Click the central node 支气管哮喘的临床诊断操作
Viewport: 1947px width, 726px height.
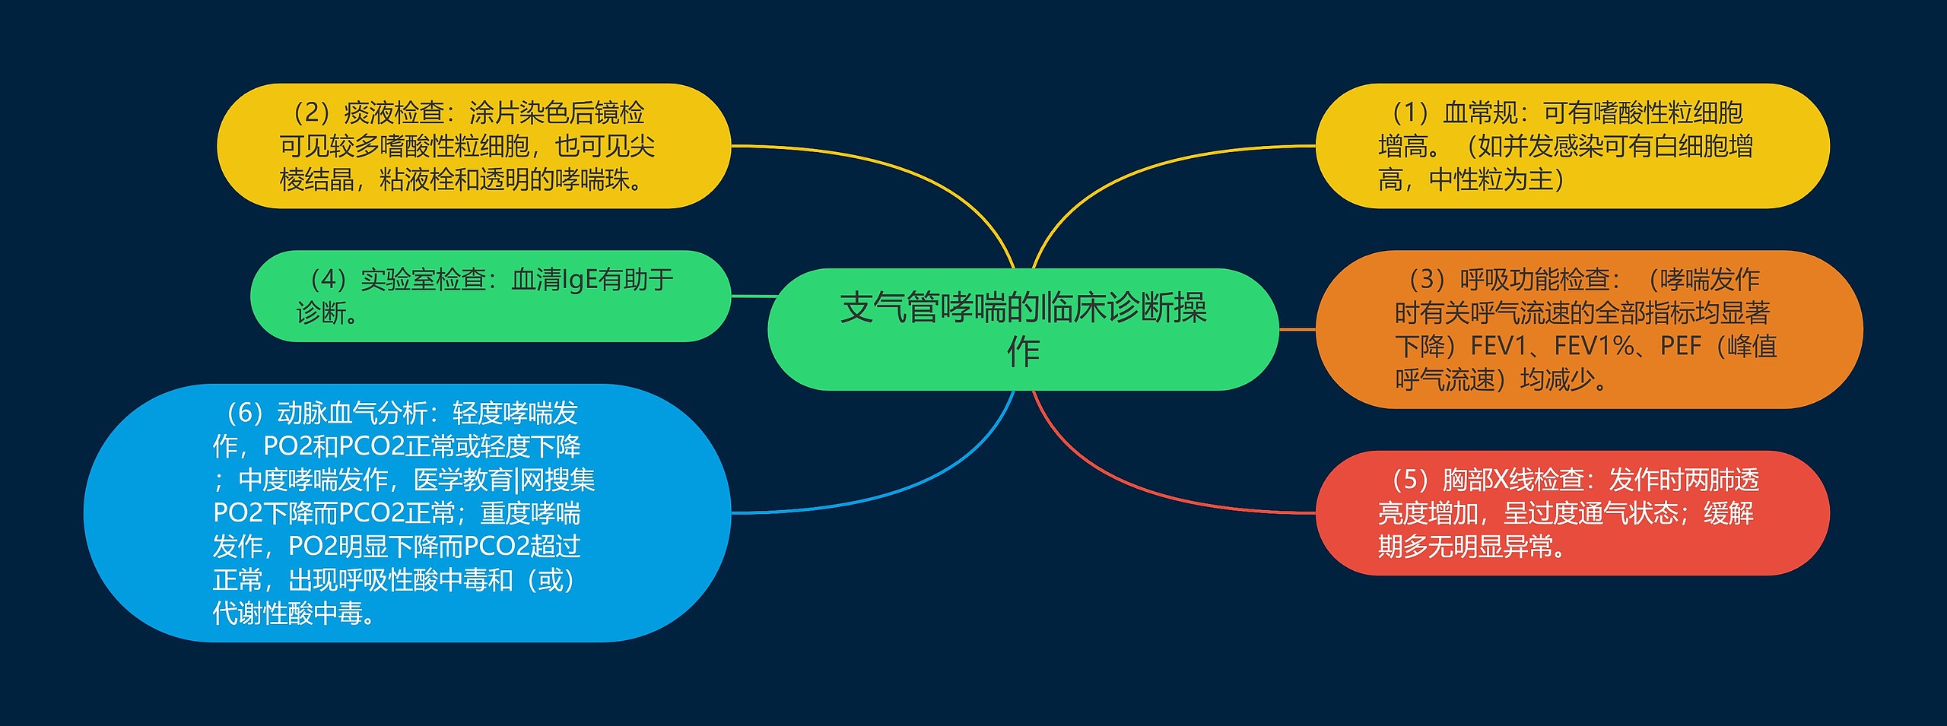click(x=1023, y=329)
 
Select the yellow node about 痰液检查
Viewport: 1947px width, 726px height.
click(x=473, y=146)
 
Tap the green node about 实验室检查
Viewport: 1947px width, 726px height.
click(x=490, y=296)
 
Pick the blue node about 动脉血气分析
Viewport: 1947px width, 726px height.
click(x=407, y=513)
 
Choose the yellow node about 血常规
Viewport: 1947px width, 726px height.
click(x=1572, y=146)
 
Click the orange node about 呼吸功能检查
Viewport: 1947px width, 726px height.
click(x=1589, y=329)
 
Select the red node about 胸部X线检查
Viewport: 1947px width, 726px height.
click(x=1572, y=513)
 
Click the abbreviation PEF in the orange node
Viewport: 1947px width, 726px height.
click(x=1680, y=347)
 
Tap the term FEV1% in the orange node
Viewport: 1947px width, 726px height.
click(x=1594, y=347)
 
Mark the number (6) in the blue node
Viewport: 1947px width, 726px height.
click(x=244, y=414)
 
